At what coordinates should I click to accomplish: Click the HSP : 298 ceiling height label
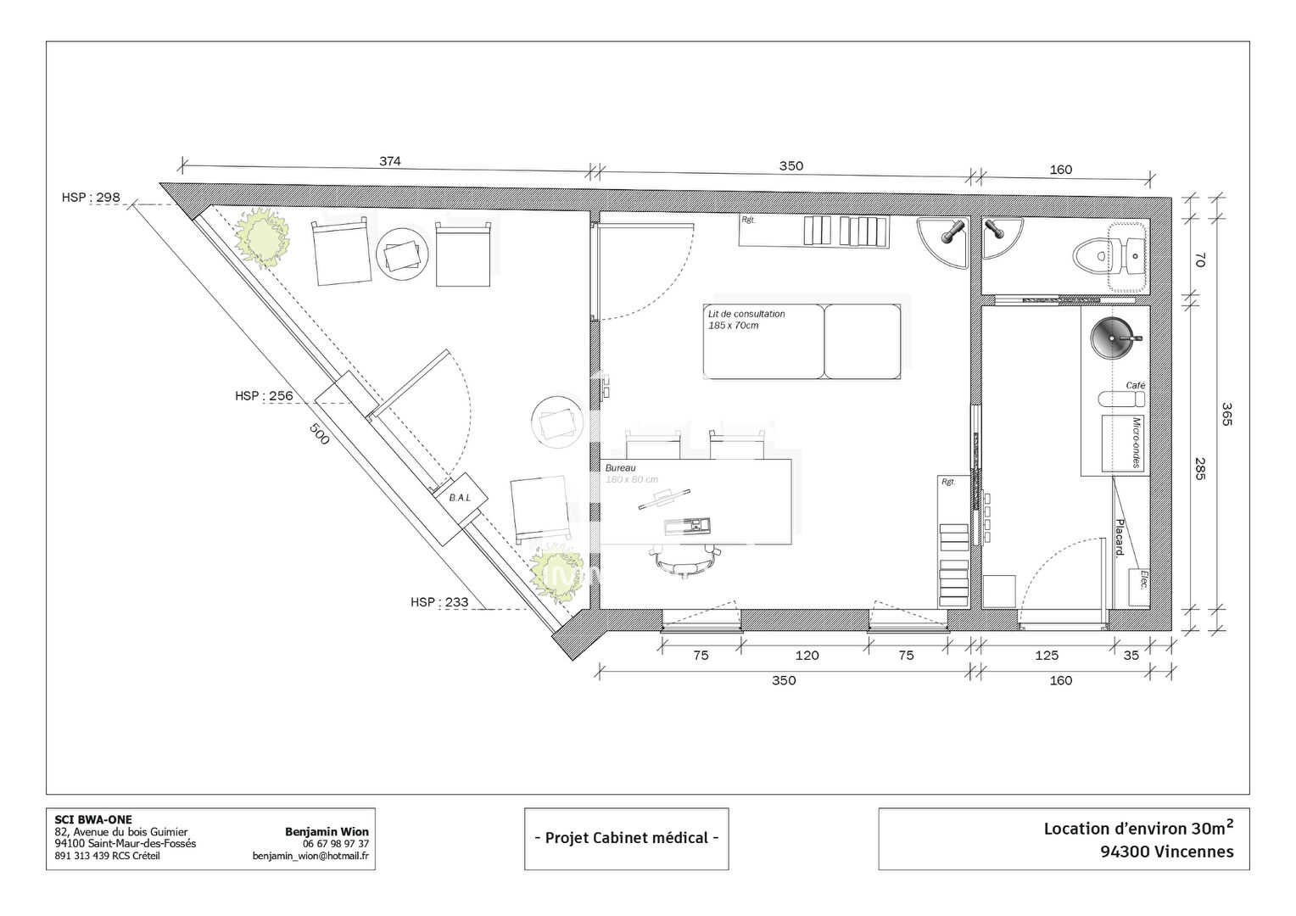point(91,198)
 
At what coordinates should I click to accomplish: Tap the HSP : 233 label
point(439,602)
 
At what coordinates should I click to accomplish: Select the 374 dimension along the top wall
point(390,161)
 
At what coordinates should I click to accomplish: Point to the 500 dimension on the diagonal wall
point(320,434)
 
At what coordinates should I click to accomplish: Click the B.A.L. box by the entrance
point(460,498)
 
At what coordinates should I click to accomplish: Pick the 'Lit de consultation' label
point(746,314)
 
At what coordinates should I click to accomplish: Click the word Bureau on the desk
point(620,467)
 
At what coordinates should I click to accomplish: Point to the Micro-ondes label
point(1137,442)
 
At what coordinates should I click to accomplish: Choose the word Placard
point(1120,538)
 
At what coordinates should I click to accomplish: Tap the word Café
point(1135,385)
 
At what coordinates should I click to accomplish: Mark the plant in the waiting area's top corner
point(262,238)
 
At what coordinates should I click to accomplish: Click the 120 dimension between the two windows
point(807,656)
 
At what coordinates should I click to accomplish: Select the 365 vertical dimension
point(1226,414)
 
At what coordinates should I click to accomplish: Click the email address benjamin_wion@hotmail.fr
point(310,856)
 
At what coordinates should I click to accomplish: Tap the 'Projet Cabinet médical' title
point(627,838)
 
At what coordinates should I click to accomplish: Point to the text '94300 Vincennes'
point(1167,852)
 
